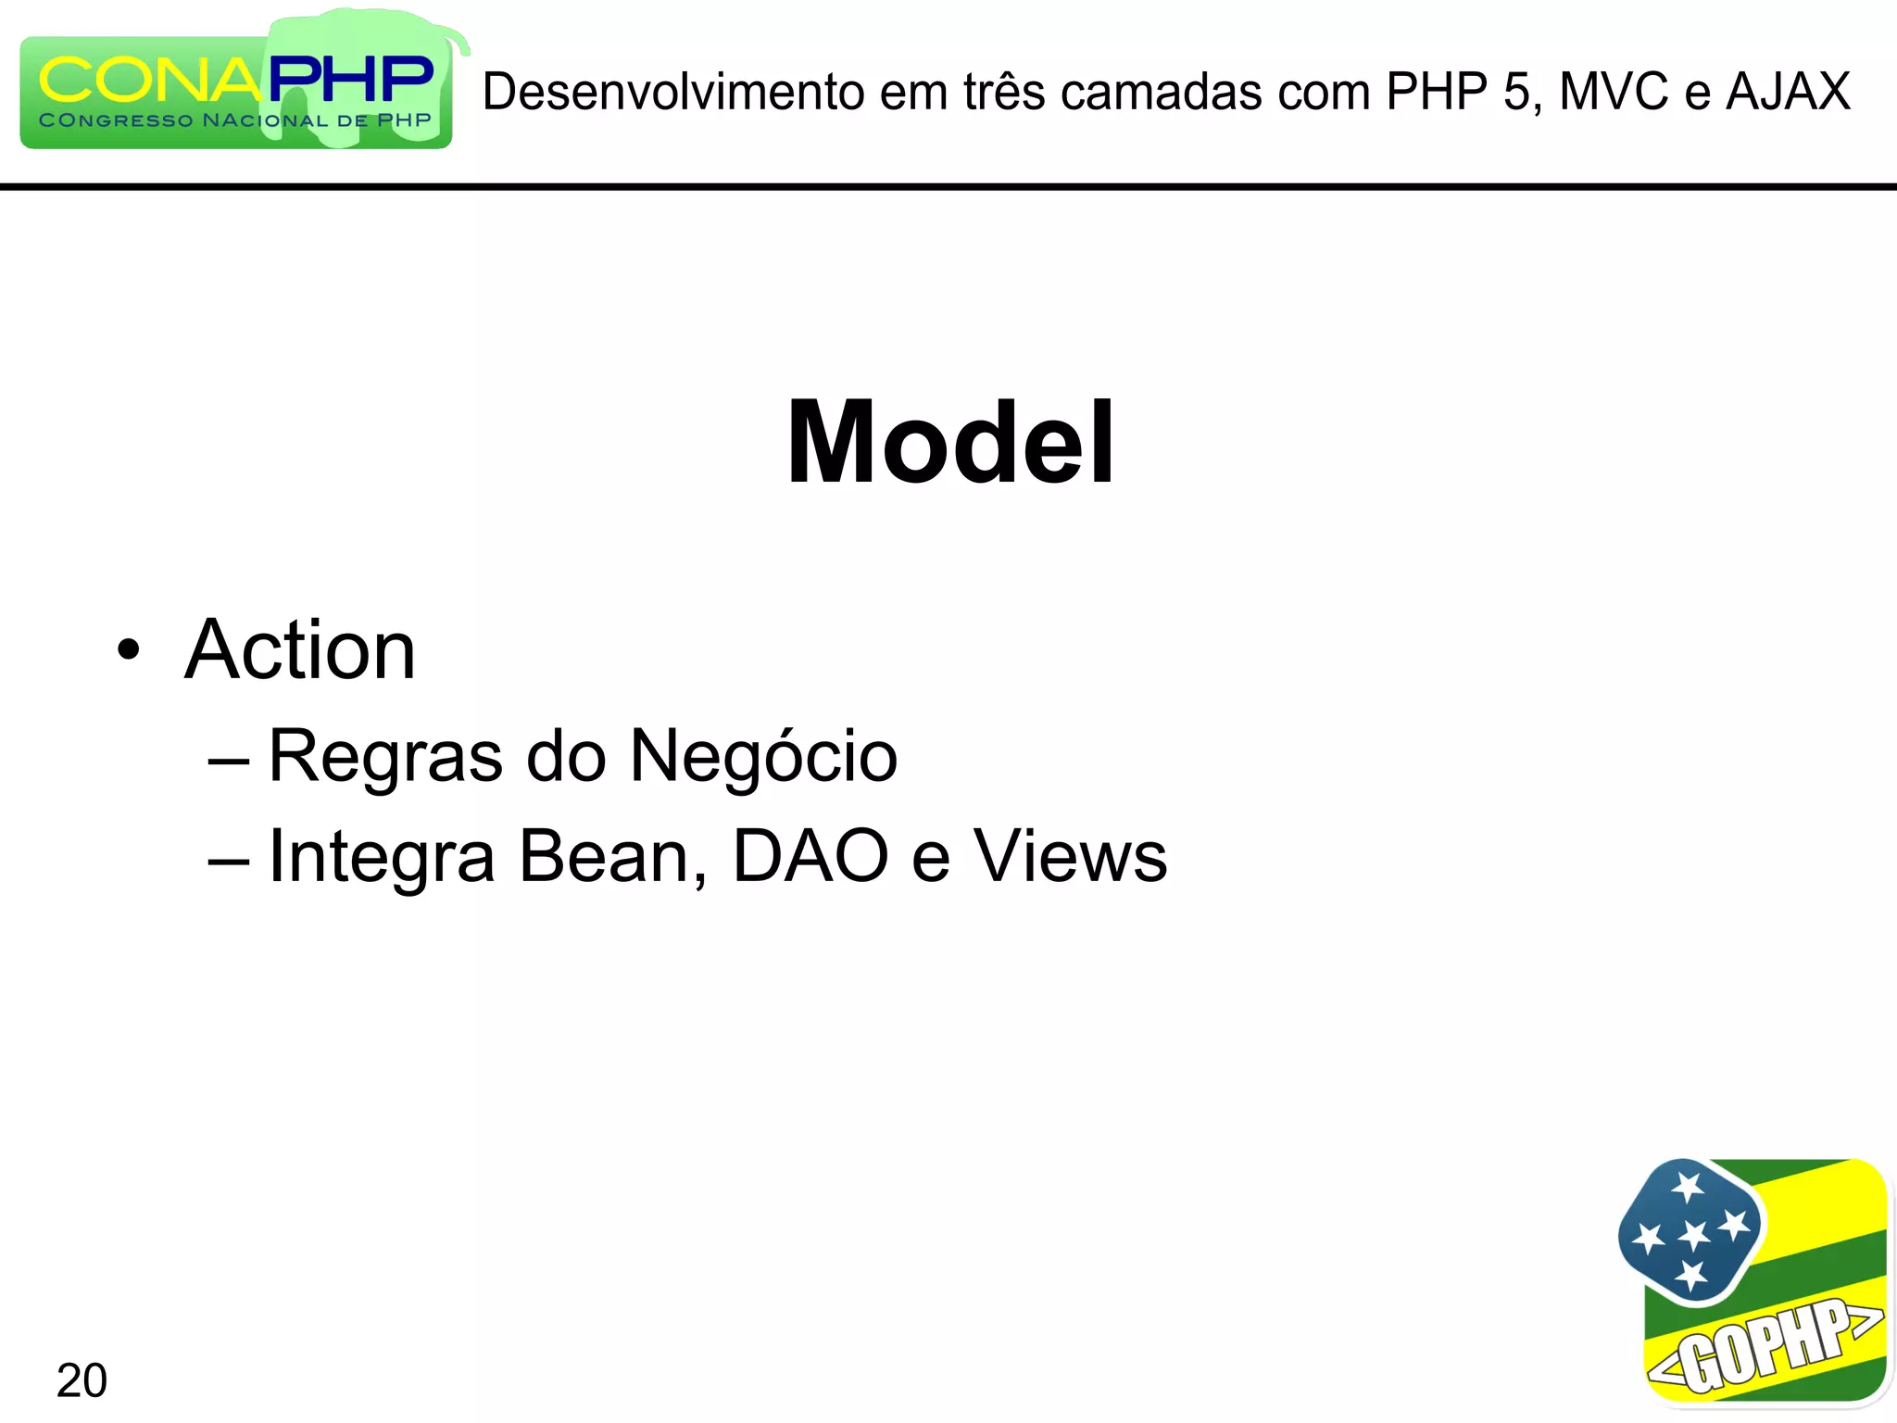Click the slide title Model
[x=950, y=442]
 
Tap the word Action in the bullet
[x=300, y=650]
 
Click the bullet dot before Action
[x=129, y=650]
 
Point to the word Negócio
[x=763, y=756]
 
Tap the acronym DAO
[x=810, y=856]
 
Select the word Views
[x=1070, y=856]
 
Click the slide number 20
[x=82, y=1380]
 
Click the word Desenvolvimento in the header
[x=673, y=92]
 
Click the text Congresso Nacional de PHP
[x=235, y=120]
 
